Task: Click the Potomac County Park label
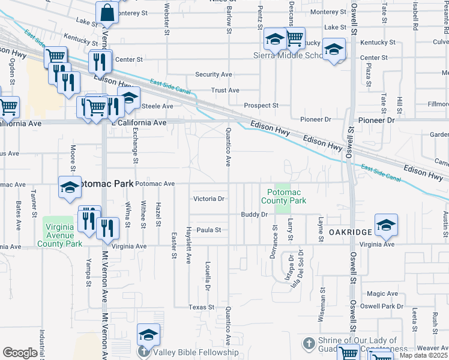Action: [x=283, y=196]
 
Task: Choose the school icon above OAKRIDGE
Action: [x=386, y=224]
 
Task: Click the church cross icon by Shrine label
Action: [x=309, y=344]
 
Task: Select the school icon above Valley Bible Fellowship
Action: [x=148, y=334]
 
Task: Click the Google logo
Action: [x=19, y=353]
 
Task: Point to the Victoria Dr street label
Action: [x=208, y=199]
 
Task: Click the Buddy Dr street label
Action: [x=254, y=214]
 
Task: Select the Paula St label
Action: [x=210, y=230]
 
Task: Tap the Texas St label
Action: [x=201, y=307]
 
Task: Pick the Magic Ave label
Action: [x=382, y=293]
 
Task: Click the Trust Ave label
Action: [x=226, y=91]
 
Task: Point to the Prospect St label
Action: [x=261, y=106]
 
